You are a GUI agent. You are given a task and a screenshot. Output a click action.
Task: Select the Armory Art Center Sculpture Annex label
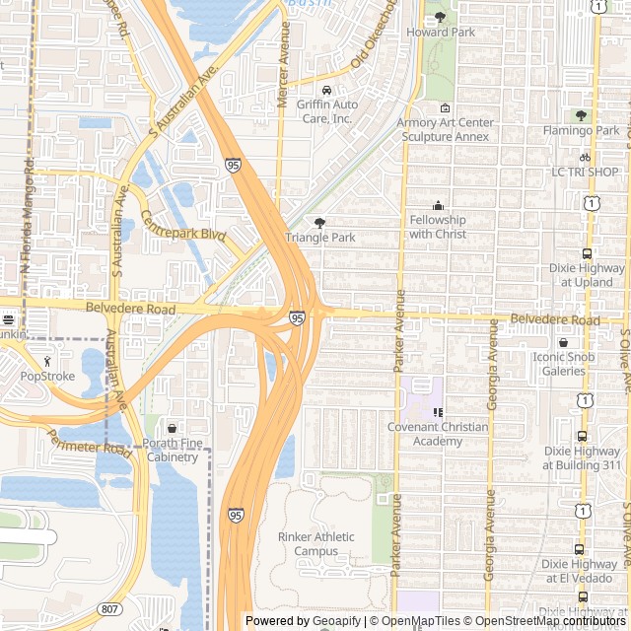point(445,129)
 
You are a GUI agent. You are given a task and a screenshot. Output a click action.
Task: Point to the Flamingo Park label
point(581,130)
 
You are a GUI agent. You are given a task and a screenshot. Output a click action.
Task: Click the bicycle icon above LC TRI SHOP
point(585,157)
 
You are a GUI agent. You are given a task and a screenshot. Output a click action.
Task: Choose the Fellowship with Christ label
point(438,227)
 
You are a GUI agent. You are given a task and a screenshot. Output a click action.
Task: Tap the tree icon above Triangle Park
point(318,223)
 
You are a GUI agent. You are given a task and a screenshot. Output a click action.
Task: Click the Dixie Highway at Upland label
point(579,275)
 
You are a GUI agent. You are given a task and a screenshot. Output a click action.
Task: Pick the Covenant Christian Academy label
point(438,434)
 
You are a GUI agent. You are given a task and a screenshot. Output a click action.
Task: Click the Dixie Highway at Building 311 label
point(582,457)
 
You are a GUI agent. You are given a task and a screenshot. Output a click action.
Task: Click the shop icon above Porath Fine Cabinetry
point(173,429)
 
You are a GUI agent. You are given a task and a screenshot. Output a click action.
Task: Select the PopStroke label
point(47,376)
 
